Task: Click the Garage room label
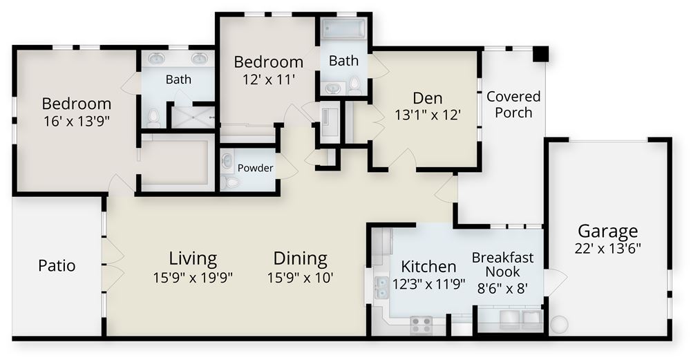click(607, 231)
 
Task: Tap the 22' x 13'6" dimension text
click(607, 249)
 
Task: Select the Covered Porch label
click(513, 104)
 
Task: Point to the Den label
click(428, 98)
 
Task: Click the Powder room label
click(255, 168)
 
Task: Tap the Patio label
click(57, 266)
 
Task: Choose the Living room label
click(193, 258)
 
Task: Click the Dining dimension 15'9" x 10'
click(300, 278)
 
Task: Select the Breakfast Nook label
click(502, 265)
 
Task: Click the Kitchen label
click(428, 267)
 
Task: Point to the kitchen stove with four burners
click(422, 325)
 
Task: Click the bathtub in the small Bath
click(343, 28)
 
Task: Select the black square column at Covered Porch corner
click(540, 54)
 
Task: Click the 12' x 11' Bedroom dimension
click(268, 79)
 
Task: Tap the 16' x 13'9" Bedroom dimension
click(76, 121)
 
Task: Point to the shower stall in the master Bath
click(193, 117)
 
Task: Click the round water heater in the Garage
click(558, 325)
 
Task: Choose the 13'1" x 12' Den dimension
click(428, 115)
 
